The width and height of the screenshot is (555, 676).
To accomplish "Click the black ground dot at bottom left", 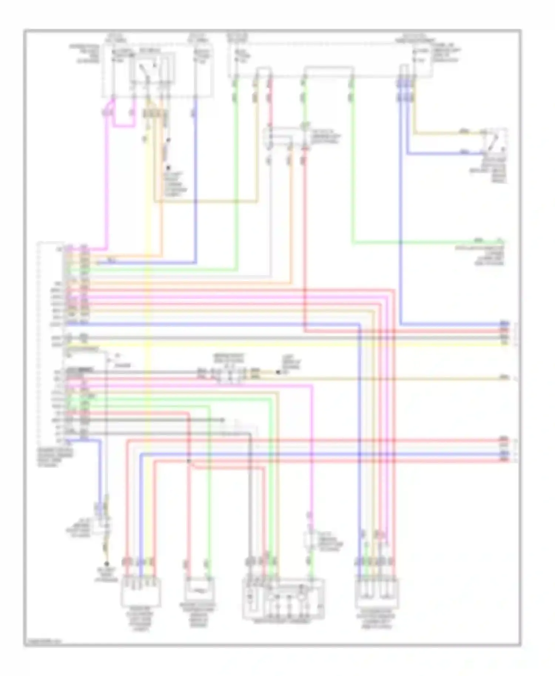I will coord(108,564).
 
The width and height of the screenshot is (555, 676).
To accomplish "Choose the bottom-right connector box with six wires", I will coord(377,594).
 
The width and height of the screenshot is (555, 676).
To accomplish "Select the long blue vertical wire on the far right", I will coord(401,207).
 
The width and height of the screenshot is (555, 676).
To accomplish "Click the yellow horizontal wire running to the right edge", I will coord(296,344).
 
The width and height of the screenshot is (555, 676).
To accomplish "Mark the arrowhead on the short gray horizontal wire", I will coord(223,420).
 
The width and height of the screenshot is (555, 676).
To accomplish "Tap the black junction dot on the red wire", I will coord(189,461).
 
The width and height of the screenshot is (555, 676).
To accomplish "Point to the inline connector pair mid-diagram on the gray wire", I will coord(229,374).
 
